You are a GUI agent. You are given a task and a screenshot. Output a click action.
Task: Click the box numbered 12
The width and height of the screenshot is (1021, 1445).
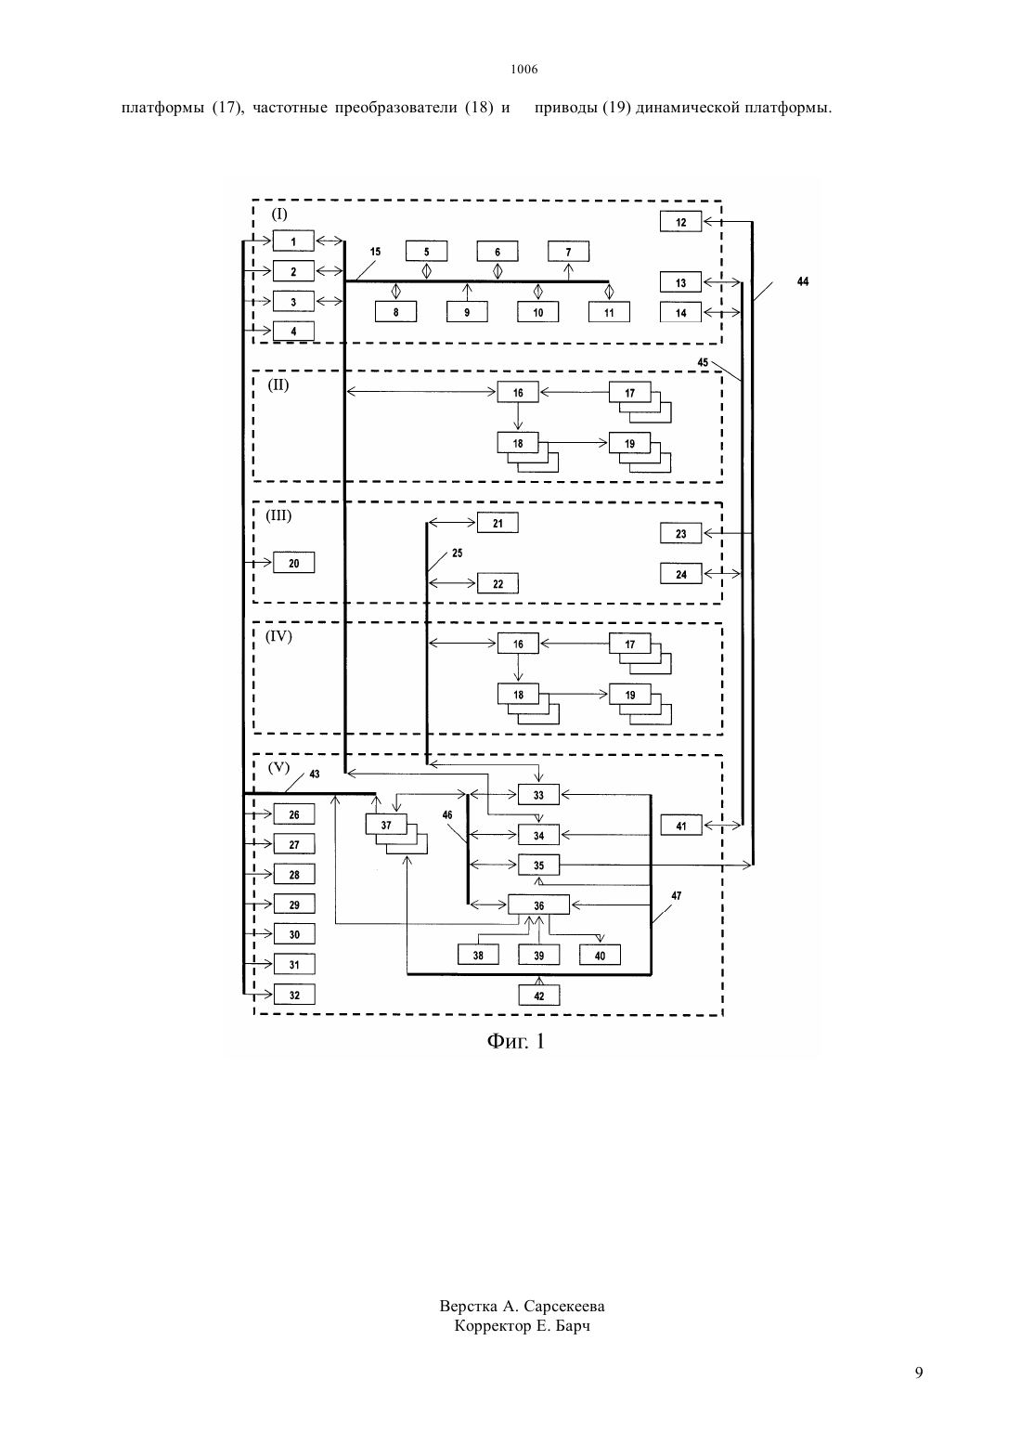[680, 221]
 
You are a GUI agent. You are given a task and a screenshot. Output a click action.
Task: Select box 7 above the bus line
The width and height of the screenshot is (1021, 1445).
[568, 251]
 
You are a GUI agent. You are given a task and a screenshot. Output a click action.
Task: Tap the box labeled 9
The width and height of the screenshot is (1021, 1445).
[467, 312]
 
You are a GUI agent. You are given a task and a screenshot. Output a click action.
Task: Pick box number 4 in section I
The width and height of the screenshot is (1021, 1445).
[293, 331]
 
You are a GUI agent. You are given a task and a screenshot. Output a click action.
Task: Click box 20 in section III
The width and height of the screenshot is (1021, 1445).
[294, 563]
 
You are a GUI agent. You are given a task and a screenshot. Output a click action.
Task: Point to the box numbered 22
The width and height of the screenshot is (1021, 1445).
[498, 583]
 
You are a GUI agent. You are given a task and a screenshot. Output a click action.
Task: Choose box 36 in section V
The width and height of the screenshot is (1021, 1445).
[539, 905]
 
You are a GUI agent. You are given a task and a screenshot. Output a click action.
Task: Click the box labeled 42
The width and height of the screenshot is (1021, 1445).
[539, 995]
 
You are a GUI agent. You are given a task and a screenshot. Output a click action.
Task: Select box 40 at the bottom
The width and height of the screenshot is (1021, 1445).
[600, 955]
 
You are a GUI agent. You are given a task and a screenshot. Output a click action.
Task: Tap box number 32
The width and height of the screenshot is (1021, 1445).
[294, 994]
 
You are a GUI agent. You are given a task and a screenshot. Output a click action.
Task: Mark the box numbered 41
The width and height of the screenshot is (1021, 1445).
[681, 825]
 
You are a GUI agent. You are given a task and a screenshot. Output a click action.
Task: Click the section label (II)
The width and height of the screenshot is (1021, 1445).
[278, 385]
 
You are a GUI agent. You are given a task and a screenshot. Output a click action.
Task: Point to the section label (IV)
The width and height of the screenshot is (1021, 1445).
[279, 636]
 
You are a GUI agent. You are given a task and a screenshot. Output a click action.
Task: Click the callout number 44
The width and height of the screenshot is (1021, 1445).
[803, 281]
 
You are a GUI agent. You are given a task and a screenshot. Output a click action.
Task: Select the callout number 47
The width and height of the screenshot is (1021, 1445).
[676, 895]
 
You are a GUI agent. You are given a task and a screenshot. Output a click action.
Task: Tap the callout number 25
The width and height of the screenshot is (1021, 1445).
[457, 553]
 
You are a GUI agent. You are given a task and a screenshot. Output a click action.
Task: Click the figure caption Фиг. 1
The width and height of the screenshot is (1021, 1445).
[516, 1040]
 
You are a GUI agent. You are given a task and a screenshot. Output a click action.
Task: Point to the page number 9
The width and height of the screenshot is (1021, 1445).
[919, 1373]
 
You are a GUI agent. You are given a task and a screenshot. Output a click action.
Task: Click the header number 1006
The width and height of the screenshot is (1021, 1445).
[524, 69]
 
